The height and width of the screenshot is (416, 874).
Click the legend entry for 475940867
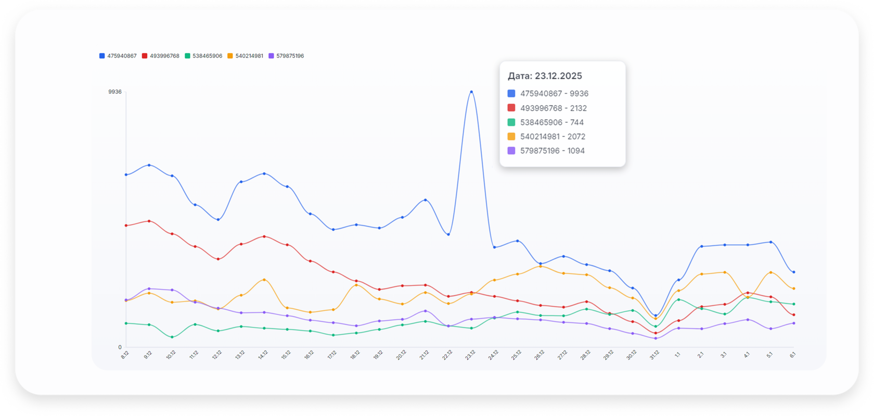pyautogui.click(x=118, y=56)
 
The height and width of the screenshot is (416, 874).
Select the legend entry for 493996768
pyautogui.click(x=161, y=56)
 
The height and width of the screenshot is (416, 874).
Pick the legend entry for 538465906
pyautogui.click(x=203, y=56)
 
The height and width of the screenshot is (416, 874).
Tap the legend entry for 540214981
pyautogui.click(x=246, y=56)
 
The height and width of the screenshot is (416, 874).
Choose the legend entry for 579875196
pyautogui.click(x=287, y=56)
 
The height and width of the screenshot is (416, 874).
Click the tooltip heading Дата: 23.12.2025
pyautogui.click(x=545, y=76)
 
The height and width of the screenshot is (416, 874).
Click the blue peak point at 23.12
pyautogui.click(x=471, y=92)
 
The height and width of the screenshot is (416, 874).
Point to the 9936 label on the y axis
pyautogui.click(x=115, y=92)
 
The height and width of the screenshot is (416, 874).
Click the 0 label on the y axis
pyautogui.click(x=120, y=347)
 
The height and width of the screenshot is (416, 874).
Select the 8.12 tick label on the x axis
pyautogui.click(x=125, y=355)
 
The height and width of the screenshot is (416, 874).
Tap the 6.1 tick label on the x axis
pyautogui.click(x=793, y=355)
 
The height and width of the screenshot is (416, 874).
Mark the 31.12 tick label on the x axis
pyautogui.click(x=654, y=355)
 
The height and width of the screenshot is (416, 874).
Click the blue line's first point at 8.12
pyautogui.click(x=126, y=175)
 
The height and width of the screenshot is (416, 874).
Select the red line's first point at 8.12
pyautogui.click(x=126, y=225)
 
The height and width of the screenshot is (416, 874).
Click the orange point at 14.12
pyautogui.click(x=264, y=280)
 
